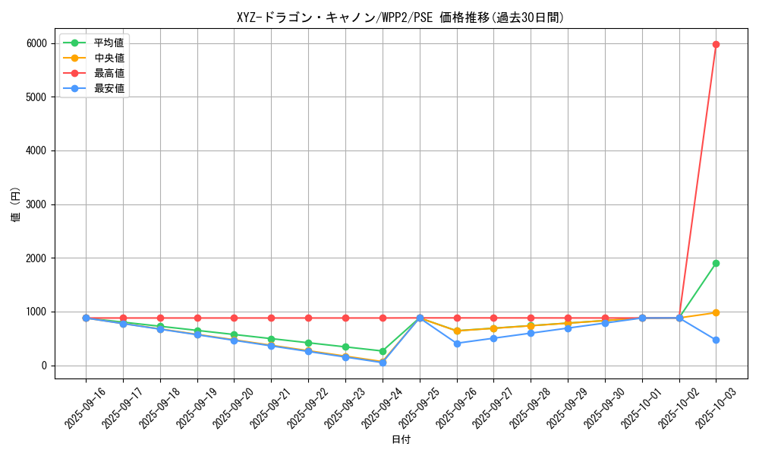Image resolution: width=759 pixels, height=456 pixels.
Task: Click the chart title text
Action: (x=401, y=17)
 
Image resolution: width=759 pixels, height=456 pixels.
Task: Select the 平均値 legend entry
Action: (x=109, y=43)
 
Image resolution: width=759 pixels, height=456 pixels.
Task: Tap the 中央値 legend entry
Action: (x=109, y=58)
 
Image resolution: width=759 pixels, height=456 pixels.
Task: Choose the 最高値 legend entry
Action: (x=109, y=73)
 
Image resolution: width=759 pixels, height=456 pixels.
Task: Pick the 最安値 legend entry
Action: (x=109, y=88)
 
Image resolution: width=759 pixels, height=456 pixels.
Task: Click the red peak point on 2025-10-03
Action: (x=716, y=44)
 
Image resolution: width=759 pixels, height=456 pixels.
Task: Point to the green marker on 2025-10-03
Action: (x=716, y=264)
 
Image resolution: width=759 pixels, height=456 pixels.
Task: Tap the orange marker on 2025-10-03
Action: (x=716, y=312)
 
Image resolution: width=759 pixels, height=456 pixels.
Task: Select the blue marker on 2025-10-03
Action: (x=716, y=340)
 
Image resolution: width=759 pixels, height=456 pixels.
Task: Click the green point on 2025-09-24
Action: (x=383, y=351)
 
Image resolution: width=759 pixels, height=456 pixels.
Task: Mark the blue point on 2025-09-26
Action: (x=457, y=344)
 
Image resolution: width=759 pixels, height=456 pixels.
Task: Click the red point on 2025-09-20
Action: (x=234, y=318)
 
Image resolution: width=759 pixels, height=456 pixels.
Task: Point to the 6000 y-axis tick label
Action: (x=35, y=43)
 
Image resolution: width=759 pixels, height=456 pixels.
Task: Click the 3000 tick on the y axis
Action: (x=35, y=204)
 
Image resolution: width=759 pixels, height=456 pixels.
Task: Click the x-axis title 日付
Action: (x=401, y=440)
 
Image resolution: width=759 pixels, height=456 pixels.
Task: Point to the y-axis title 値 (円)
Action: (x=16, y=204)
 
